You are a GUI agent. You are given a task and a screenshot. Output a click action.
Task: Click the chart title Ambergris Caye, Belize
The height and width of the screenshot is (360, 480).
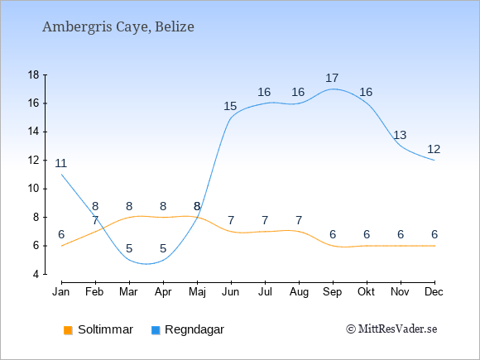[118, 26]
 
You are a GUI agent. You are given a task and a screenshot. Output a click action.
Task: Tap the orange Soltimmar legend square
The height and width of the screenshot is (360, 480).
[68, 330]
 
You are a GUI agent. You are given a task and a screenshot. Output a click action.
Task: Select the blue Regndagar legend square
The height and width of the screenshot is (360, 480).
[156, 330]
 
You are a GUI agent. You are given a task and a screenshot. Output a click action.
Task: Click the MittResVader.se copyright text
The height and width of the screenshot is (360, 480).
[391, 329]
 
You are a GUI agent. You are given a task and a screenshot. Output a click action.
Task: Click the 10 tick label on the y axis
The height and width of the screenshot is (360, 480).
[34, 189]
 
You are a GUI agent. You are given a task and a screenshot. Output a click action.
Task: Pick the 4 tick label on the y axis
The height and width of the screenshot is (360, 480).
[36, 274]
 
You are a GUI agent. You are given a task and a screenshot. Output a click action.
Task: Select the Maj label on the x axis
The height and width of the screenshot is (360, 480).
[197, 292]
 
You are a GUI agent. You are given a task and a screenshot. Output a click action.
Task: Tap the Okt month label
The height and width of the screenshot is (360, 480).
[366, 292]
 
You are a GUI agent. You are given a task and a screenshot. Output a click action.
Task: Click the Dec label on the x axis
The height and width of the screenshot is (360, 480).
[434, 292]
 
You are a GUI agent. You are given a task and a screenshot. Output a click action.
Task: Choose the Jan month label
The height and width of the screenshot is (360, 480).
[61, 292]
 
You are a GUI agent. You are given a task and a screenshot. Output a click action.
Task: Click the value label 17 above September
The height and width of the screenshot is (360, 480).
[332, 78]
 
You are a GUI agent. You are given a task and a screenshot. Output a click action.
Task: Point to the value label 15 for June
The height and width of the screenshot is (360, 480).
[230, 106]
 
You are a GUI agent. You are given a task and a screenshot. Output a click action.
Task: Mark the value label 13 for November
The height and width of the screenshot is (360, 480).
[400, 135]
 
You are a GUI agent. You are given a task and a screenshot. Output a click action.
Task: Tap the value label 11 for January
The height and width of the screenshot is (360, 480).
[61, 164]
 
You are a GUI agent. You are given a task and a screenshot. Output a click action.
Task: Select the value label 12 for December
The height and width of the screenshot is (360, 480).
[434, 150]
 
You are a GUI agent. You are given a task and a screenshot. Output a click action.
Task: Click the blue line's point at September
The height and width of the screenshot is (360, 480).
[333, 89]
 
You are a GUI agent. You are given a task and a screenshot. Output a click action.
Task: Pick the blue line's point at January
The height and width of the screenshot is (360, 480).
[61, 175]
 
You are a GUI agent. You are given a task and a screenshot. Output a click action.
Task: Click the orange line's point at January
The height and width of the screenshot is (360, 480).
[61, 246]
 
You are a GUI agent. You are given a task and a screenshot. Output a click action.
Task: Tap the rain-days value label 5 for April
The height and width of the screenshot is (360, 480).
[163, 248]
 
